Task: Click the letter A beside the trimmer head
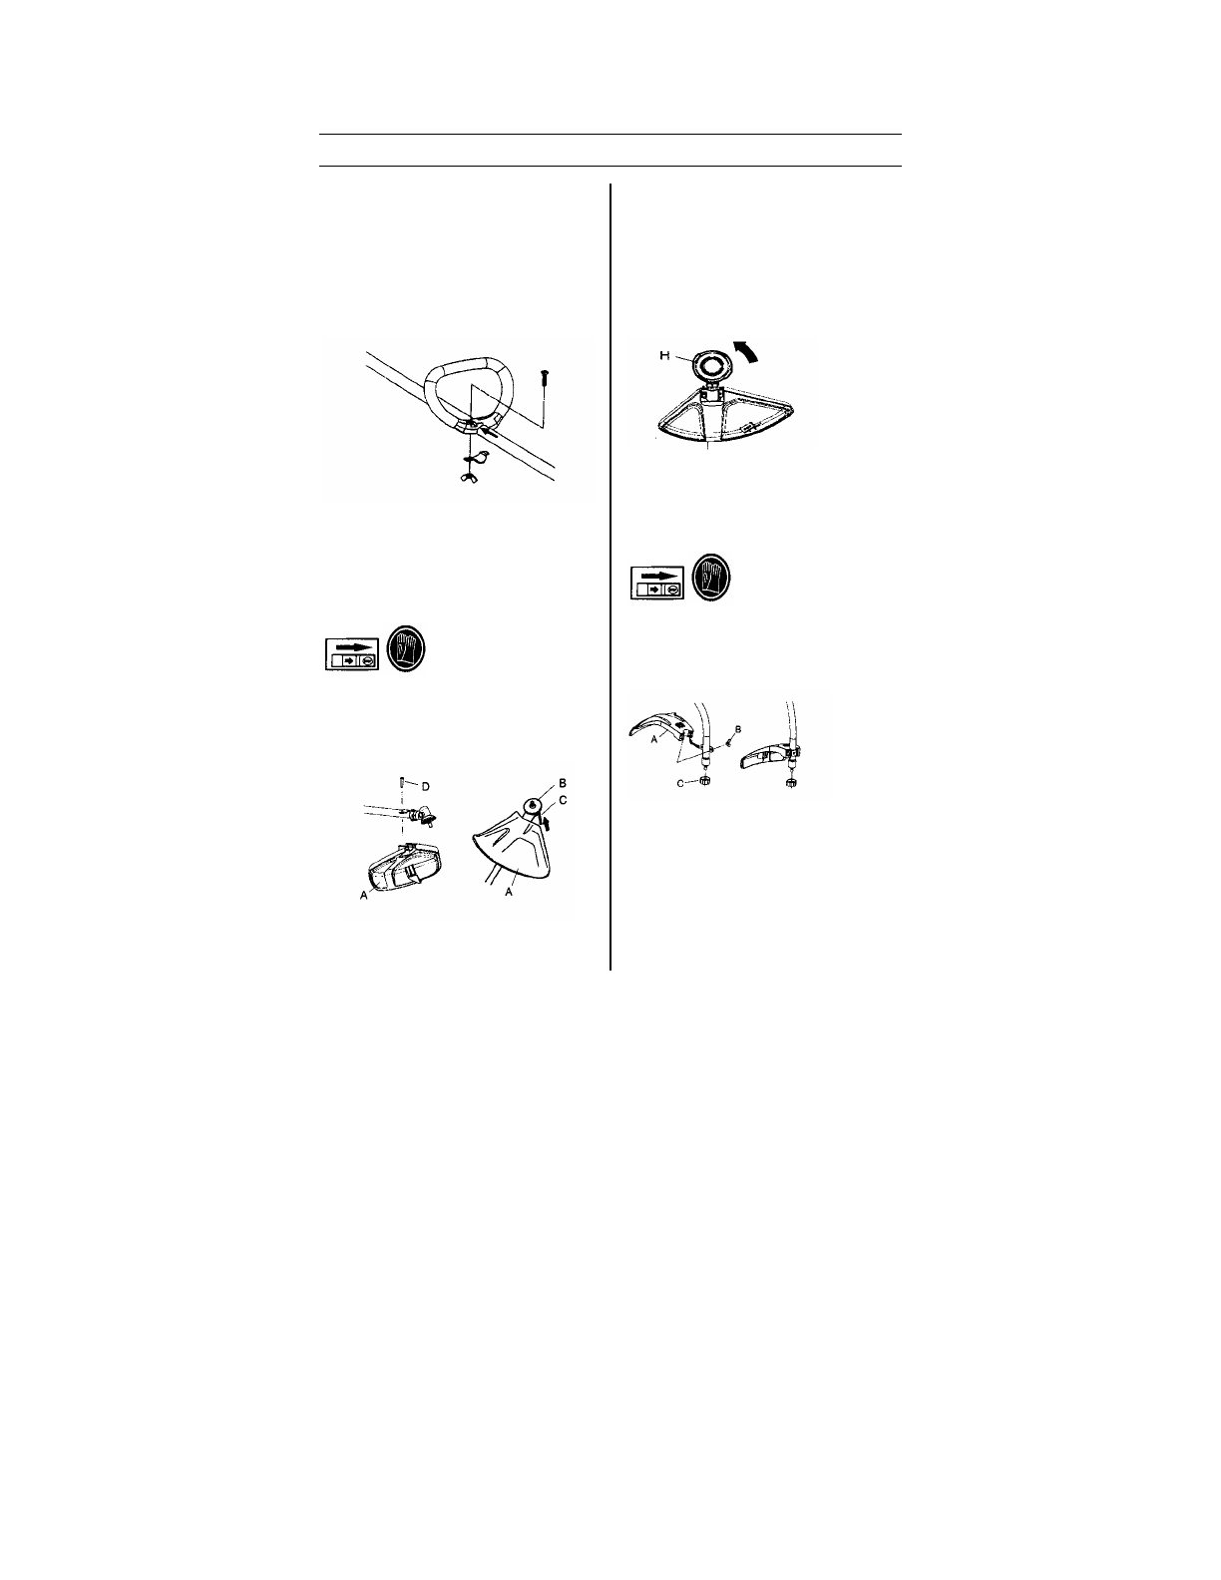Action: pyautogui.click(x=363, y=898)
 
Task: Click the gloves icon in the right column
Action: pyautogui.click(x=711, y=577)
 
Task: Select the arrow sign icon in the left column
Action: pyautogui.click(x=350, y=652)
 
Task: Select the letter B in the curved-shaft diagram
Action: pyautogui.click(x=737, y=730)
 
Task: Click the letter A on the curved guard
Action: pyautogui.click(x=655, y=740)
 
